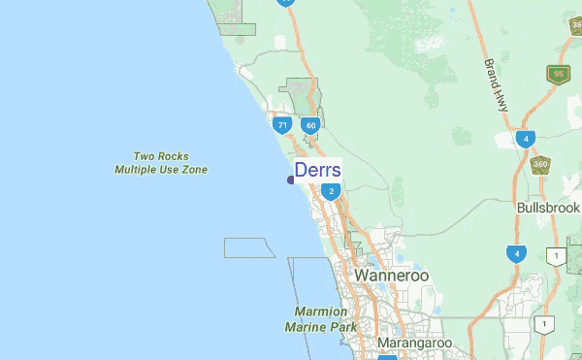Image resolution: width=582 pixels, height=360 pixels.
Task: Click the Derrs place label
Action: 317,171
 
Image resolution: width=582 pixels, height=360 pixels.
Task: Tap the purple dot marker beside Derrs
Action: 291,180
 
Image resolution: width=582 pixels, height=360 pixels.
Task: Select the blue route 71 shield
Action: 281,125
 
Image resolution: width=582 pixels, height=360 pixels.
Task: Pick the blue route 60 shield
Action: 309,125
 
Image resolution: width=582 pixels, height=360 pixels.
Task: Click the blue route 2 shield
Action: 331,191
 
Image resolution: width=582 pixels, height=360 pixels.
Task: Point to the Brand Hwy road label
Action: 496,84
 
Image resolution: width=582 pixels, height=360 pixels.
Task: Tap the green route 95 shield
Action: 557,74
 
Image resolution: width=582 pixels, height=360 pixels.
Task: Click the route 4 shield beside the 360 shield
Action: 525,139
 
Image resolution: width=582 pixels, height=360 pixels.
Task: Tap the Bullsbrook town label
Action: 548,208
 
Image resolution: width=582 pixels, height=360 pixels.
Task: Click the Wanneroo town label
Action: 391,276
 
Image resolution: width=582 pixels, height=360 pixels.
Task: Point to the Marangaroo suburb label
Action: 414,343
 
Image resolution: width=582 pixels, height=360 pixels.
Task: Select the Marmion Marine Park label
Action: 320,319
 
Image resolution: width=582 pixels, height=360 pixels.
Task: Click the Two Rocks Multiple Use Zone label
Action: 161,163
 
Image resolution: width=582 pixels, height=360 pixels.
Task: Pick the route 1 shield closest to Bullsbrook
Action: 556,256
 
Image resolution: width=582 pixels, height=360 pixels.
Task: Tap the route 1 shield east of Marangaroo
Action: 545,324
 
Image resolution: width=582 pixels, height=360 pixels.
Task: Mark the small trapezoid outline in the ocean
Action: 249,246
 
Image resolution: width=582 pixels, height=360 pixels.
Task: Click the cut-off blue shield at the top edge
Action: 286,3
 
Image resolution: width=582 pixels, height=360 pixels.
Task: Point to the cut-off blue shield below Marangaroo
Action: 386,356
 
